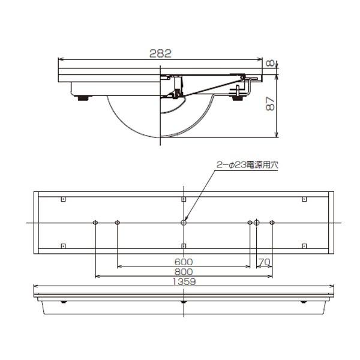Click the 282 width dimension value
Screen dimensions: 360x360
click(x=160, y=53)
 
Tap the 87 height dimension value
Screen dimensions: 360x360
click(x=271, y=104)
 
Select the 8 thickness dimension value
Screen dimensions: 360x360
click(x=270, y=63)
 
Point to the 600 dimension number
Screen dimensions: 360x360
click(x=184, y=262)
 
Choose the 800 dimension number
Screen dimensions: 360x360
click(x=184, y=272)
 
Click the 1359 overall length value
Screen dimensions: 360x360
click(x=184, y=281)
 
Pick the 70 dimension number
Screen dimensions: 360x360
click(x=265, y=262)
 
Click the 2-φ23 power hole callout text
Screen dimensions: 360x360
click(x=247, y=165)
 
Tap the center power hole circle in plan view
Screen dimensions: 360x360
click(x=184, y=223)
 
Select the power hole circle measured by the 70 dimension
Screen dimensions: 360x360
click(x=256, y=223)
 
